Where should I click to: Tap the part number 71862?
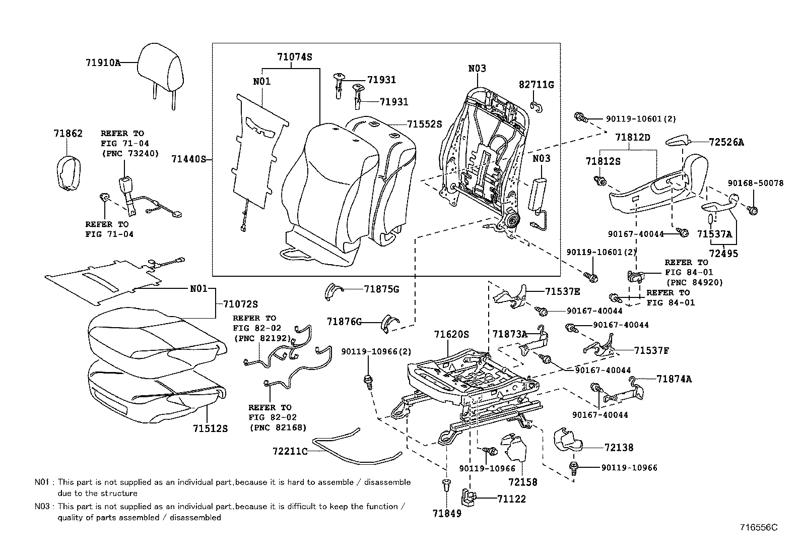(x=68, y=133)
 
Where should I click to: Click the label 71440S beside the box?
(x=189, y=159)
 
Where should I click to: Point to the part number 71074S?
(x=294, y=57)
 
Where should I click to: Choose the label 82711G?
(x=536, y=85)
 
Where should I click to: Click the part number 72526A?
(x=726, y=142)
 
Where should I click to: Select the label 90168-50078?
(x=755, y=183)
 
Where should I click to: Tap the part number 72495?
(x=723, y=254)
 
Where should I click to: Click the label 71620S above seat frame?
(x=452, y=334)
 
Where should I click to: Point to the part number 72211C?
(x=290, y=451)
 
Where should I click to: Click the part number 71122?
(x=511, y=499)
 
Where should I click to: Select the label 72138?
(x=619, y=447)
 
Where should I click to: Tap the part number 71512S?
(x=210, y=428)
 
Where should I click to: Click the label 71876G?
(x=344, y=322)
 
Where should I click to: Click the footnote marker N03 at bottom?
(x=42, y=506)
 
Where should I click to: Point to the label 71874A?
(x=674, y=379)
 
